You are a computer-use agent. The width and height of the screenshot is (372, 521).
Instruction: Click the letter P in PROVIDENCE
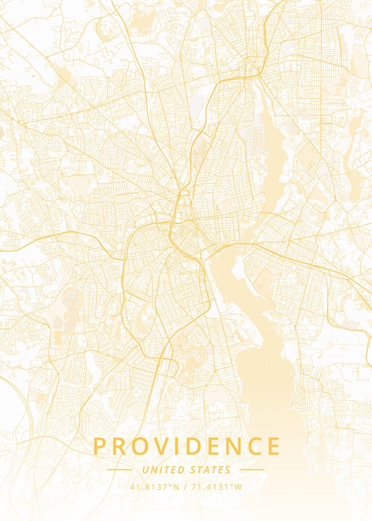pos(99,446)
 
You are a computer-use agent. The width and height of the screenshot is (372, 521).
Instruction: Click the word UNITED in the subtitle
pos(163,470)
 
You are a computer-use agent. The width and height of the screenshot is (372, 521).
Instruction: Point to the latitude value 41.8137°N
pos(155,487)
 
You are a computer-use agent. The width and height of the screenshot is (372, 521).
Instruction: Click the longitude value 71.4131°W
pos(216,487)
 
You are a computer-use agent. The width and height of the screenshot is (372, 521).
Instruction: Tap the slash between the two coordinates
pos(185,487)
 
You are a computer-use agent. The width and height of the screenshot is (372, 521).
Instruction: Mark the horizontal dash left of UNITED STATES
pos(120,470)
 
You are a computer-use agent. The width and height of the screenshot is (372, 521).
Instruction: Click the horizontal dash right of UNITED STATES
pos(252,470)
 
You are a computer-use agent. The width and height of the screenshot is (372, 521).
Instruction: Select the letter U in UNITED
pos(145,470)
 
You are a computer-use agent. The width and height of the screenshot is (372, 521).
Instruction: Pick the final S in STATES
pos(228,470)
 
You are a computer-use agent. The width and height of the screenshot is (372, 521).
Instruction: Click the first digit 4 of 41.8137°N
pos(132,487)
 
